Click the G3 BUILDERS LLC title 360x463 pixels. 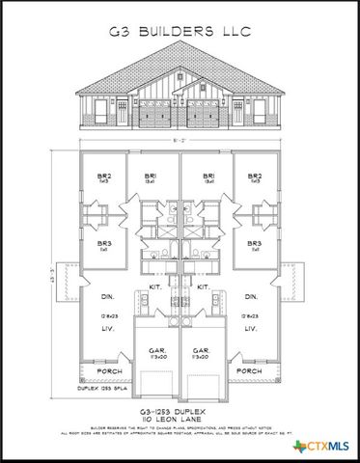[180, 32]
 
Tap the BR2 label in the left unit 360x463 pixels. [104, 177]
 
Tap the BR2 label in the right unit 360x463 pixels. [255, 177]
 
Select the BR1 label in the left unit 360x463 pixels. [151, 177]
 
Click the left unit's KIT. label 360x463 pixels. [154, 287]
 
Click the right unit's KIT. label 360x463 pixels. [204, 287]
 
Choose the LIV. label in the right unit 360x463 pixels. [251, 329]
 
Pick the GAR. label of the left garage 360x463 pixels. [154, 349]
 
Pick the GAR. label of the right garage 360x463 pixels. [203, 349]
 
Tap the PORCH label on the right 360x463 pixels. [249, 370]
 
